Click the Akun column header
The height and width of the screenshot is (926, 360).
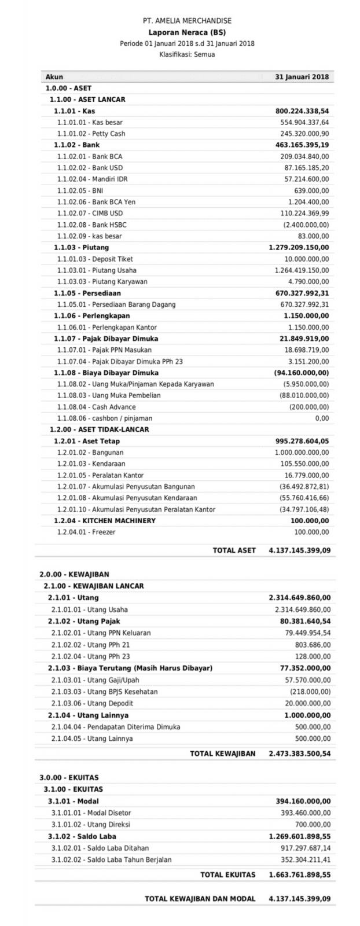tap(54, 77)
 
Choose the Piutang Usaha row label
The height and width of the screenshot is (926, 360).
tap(97, 270)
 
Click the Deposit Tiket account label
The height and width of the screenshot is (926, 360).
tap(95, 259)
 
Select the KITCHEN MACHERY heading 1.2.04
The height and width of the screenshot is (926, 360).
tap(105, 520)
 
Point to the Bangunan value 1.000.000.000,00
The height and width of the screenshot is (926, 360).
tap(302, 452)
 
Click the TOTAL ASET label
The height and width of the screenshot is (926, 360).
tap(234, 550)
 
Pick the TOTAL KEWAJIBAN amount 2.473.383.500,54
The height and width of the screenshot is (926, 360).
tap(300, 754)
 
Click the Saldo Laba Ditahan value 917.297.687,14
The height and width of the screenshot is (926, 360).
tap(304, 848)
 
